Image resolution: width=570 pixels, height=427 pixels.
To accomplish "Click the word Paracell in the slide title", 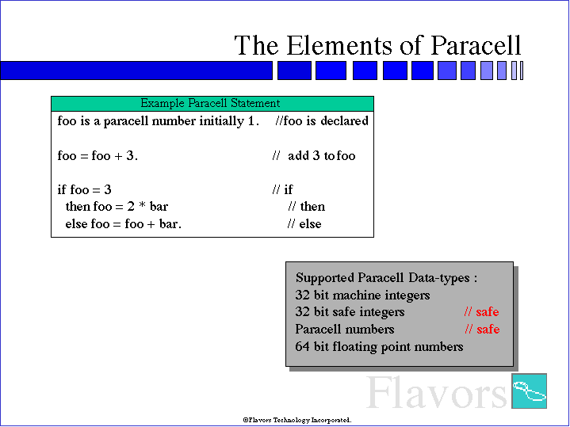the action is click(476, 45).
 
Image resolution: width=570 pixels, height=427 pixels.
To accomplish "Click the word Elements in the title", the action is click(339, 45).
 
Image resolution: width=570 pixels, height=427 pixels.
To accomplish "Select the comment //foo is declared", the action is click(322, 120).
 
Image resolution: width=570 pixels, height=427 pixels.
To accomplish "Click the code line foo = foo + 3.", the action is click(98, 155).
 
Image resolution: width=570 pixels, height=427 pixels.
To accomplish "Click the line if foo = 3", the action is click(84, 189).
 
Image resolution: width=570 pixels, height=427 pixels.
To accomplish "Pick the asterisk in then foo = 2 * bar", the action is click(142, 206).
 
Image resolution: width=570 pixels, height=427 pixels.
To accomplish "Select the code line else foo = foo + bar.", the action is click(123, 223).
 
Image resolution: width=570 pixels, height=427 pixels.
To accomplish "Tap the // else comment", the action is click(304, 223).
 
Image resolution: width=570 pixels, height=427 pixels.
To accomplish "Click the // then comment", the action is click(307, 206).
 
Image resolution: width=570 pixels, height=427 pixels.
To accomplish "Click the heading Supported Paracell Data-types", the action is click(386, 277).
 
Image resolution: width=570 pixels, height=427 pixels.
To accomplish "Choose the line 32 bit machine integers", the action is click(362, 295).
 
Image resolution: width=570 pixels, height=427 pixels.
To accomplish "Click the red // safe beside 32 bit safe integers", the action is click(482, 312).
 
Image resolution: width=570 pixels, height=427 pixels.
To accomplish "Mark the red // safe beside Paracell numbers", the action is click(482, 330).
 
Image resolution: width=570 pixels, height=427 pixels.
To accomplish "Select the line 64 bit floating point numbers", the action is click(379, 347).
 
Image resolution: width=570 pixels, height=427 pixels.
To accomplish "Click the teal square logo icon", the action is click(530, 391).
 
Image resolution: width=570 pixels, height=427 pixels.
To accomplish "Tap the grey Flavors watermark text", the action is click(437, 392).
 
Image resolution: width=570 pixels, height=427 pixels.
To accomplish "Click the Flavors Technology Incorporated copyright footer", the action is click(297, 420).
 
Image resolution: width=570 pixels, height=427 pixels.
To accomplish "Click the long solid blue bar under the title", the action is click(136, 71).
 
